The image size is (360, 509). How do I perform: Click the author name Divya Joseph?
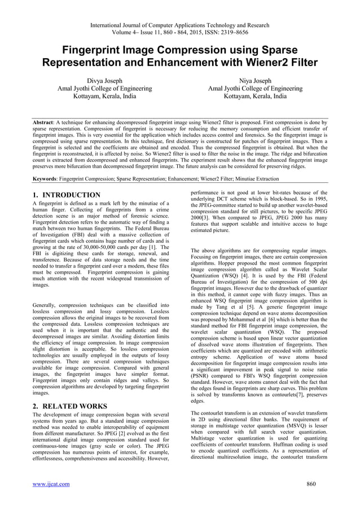click(x=104, y=81)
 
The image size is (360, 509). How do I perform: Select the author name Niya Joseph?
click(x=254, y=81)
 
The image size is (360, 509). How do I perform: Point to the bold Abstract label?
click(x=43, y=121)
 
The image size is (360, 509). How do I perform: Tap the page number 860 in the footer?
click(x=310, y=484)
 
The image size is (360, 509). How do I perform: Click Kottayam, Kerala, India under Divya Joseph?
click(x=104, y=96)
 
